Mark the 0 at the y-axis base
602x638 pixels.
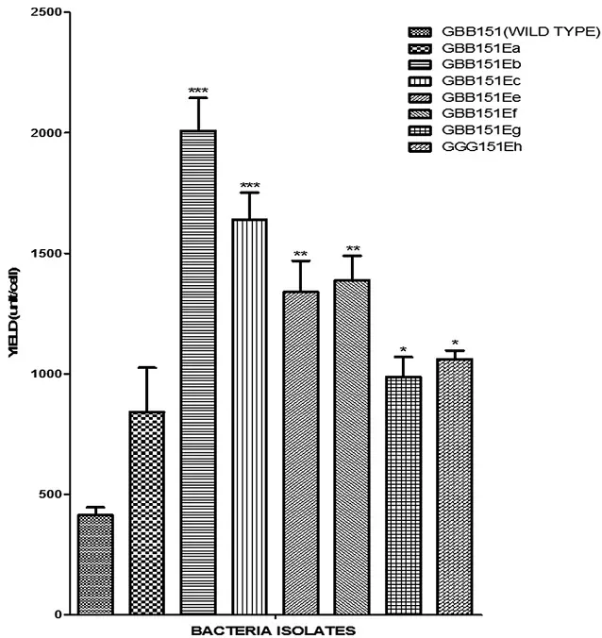(58, 614)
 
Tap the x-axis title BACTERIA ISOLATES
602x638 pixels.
(275, 630)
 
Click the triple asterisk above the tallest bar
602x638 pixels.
(198, 92)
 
